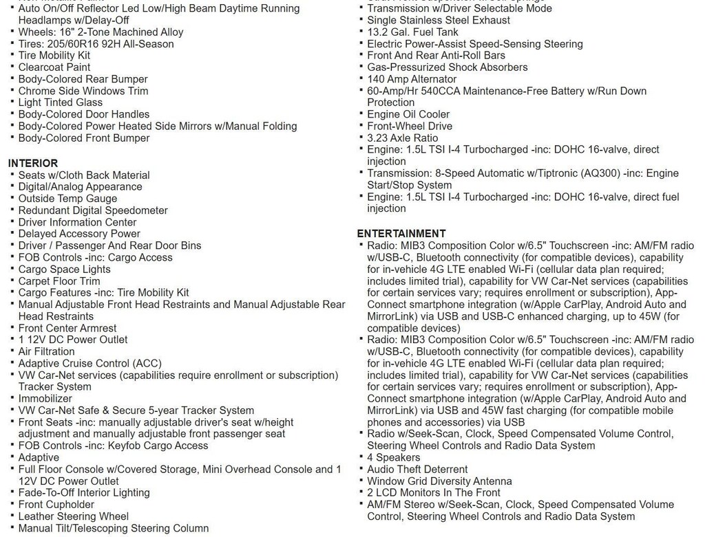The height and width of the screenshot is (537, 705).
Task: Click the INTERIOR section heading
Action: (33, 163)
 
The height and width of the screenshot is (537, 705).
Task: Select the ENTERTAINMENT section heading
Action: (401, 233)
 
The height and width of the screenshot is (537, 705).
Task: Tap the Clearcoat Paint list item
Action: (54, 67)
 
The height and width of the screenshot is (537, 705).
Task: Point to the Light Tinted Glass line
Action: (60, 102)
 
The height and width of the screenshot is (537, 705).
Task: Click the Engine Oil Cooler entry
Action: (408, 114)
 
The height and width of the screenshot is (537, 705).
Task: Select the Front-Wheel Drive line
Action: (410, 126)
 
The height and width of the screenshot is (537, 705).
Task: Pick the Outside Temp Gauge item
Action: (67, 199)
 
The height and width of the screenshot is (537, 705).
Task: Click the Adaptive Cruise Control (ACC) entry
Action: (91, 363)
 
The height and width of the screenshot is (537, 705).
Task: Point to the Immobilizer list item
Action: (45, 398)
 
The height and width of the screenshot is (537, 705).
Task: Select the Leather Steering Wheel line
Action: (73, 516)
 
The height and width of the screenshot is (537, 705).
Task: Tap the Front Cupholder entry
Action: (56, 504)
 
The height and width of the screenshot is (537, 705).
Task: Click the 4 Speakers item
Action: (393, 457)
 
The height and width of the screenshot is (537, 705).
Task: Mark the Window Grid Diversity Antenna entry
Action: (439, 481)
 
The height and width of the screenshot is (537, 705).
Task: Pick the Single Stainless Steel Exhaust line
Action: (439, 21)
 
